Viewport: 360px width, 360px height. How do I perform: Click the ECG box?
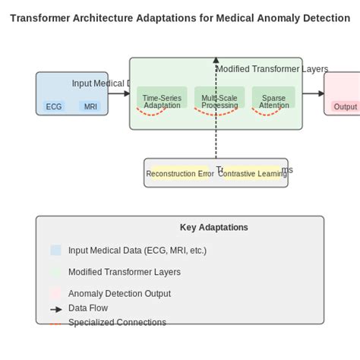54,106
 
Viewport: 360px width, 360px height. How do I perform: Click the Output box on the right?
345,106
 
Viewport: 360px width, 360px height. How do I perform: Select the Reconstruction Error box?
180,174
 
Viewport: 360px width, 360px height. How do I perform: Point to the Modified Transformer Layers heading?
272,69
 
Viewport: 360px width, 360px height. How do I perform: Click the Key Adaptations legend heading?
213,227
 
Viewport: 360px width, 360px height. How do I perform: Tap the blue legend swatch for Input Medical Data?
55,250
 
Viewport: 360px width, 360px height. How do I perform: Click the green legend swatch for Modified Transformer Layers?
55,272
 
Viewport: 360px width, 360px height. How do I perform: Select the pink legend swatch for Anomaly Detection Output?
55,293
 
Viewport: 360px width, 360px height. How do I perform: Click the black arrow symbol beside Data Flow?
55,308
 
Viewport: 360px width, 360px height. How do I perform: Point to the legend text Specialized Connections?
117,322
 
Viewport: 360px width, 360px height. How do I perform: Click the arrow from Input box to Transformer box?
118,93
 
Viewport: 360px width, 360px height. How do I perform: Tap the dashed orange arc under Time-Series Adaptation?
151,112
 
